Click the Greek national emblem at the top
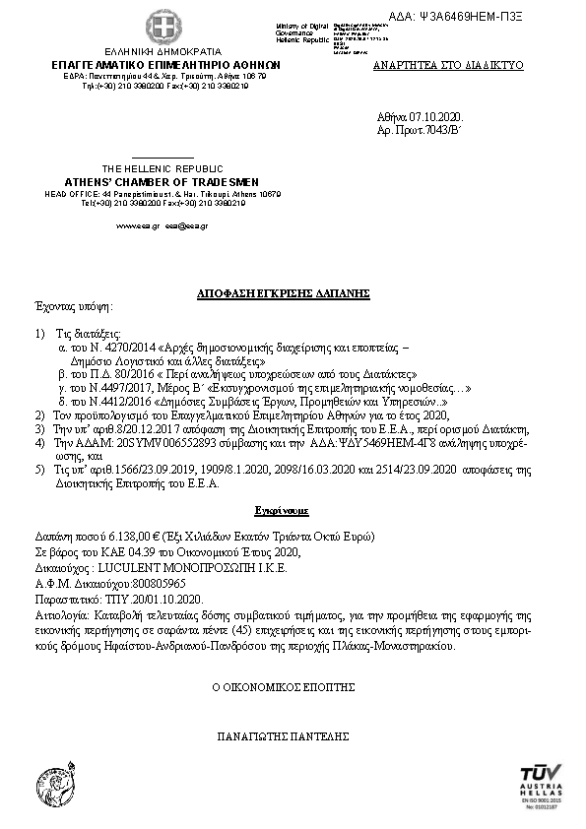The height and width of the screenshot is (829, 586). tap(159, 26)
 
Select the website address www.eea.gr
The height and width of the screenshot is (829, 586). tap(131, 225)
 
